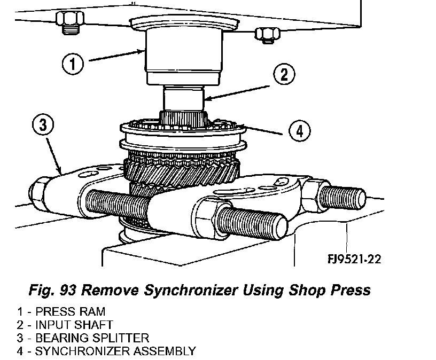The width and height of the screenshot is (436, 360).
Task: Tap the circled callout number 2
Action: click(285, 75)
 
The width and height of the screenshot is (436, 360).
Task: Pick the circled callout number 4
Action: click(299, 131)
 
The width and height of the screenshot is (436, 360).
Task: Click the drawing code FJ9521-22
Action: click(354, 259)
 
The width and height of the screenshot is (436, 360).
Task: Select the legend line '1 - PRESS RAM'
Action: click(60, 311)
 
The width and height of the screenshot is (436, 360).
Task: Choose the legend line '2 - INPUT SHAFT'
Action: click(65, 324)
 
